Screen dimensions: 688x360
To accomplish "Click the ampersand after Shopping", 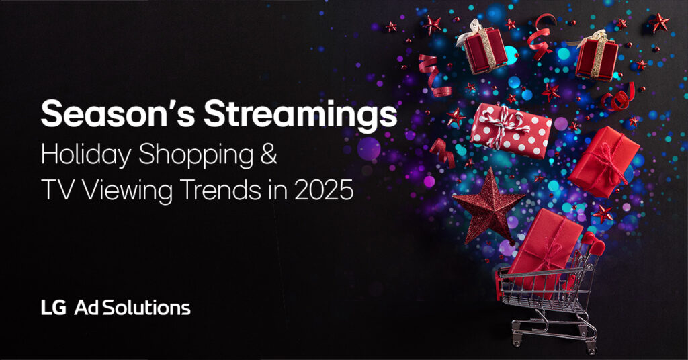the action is pos(269,154).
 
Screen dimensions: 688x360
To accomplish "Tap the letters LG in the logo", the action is pos(54,308).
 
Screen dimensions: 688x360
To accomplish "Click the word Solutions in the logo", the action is pos(146,308).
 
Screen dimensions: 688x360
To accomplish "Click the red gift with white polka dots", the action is pos(511,130).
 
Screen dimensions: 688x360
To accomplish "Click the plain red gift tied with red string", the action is pos(604,161).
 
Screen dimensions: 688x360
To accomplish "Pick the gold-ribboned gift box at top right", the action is pos(597,55).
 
